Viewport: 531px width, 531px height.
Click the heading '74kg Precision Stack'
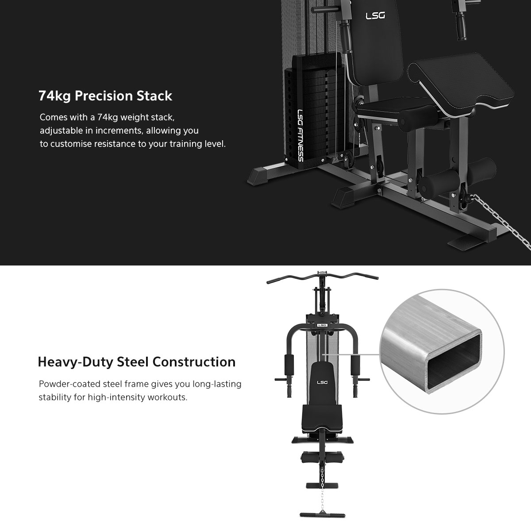point(105,96)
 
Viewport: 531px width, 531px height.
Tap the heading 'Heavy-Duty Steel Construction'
point(137,362)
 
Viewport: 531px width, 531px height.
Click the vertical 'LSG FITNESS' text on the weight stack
point(300,135)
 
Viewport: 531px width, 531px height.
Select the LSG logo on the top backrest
point(375,15)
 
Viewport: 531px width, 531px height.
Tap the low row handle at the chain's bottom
point(322,515)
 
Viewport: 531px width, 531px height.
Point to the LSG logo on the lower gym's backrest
point(322,382)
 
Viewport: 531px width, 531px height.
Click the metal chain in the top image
point(501,221)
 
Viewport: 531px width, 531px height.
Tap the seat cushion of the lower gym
point(322,419)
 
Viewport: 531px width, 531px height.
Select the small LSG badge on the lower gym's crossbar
point(322,325)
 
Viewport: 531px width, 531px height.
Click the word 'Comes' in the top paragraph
point(54,117)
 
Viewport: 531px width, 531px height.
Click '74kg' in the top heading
point(54,96)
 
